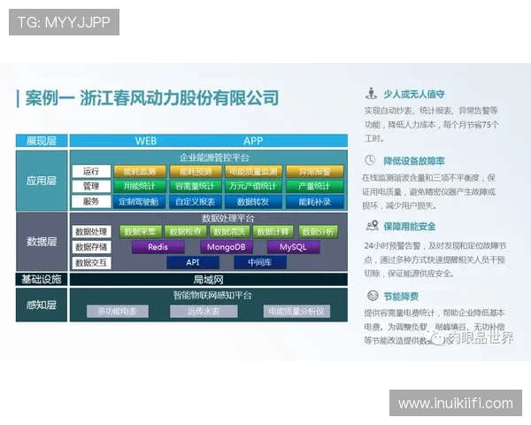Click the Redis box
[158, 247]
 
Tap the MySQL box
[293, 247]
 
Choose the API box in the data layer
[191, 262]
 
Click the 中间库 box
[259, 262]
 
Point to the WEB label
[146, 141]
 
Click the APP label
[253, 141]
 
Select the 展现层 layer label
[42, 141]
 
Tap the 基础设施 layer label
[42, 279]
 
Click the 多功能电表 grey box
[118, 311]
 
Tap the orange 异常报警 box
[314, 171]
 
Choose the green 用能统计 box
[140, 186]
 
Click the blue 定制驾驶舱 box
[140, 201]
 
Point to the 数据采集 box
[140, 232]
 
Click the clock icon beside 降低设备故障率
[370, 160]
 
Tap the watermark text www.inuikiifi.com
[455, 404]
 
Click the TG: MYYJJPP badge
[64, 22]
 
